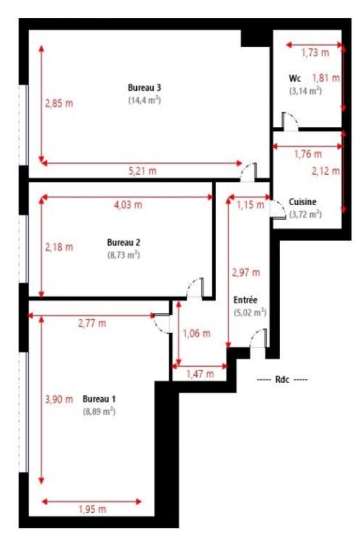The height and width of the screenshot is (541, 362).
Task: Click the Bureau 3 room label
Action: (x=145, y=88)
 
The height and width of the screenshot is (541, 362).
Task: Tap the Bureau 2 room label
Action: (x=123, y=242)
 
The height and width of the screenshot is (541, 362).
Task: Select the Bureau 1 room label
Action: (x=99, y=399)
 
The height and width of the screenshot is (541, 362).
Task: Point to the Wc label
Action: (x=295, y=78)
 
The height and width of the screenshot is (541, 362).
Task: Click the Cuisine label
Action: (x=302, y=202)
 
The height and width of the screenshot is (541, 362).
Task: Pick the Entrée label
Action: (x=245, y=300)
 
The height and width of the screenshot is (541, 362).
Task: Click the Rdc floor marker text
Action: (x=282, y=379)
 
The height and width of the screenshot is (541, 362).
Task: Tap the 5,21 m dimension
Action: (x=143, y=171)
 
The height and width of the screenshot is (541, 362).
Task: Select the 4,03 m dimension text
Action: (x=128, y=205)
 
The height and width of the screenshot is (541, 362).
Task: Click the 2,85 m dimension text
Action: (x=59, y=103)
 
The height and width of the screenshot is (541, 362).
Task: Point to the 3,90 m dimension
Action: (x=59, y=400)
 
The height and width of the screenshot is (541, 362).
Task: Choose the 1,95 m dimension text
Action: (x=92, y=509)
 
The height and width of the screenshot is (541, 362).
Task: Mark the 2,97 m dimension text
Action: (x=246, y=273)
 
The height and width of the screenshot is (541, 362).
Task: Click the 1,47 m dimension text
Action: (x=200, y=374)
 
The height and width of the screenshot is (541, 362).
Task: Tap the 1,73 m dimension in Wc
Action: (x=315, y=53)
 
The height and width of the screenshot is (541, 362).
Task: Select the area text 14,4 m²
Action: (x=145, y=100)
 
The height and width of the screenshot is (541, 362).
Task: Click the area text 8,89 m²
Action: (x=99, y=411)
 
